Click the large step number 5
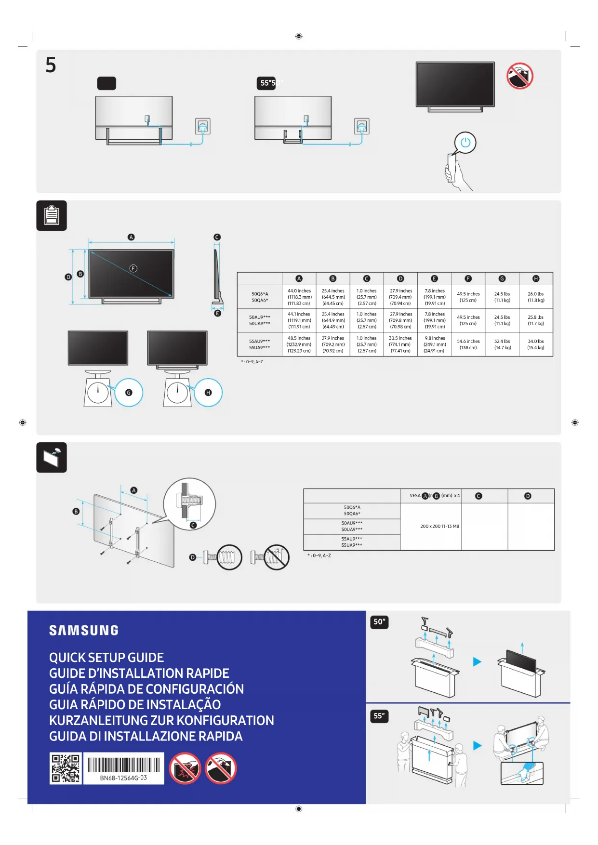coord(51,65)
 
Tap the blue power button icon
coord(465,143)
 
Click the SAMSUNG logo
coord(83,630)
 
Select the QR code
coord(66,768)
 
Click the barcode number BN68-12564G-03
coord(123,778)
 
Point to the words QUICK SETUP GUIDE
coord(106,658)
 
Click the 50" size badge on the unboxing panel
coord(379,622)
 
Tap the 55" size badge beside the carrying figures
coord(379,716)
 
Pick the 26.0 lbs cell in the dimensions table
coord(535,297)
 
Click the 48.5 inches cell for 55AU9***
coord(299,344)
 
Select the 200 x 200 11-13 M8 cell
coord(439,527)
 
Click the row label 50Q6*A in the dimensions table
coord(260,294)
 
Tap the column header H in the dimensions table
coord(535,278)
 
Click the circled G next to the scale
coord(129,393)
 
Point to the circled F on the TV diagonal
coord(133,268)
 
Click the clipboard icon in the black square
coord(52,215)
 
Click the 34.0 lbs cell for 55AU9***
coord(535,344)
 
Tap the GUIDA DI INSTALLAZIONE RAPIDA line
coord(146,736)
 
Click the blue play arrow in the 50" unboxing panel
coord(477,661)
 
